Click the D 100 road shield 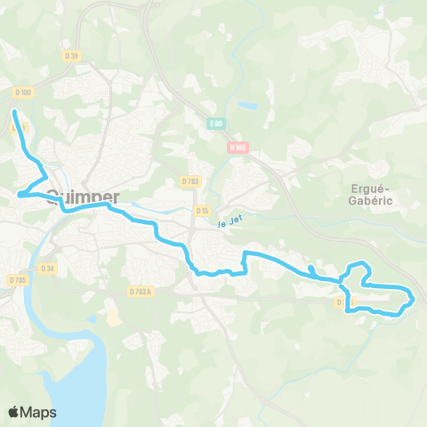point(23,93)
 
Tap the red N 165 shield point(237,149)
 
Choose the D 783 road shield point(190,181)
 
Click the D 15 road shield point(202,211)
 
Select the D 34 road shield point(48,268)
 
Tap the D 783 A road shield point(141,291)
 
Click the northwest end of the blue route point(14,112)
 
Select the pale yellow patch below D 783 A point(113,312)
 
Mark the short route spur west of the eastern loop point(310,269)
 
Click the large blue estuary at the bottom point(62,374)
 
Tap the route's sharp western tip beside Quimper point(19,192)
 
